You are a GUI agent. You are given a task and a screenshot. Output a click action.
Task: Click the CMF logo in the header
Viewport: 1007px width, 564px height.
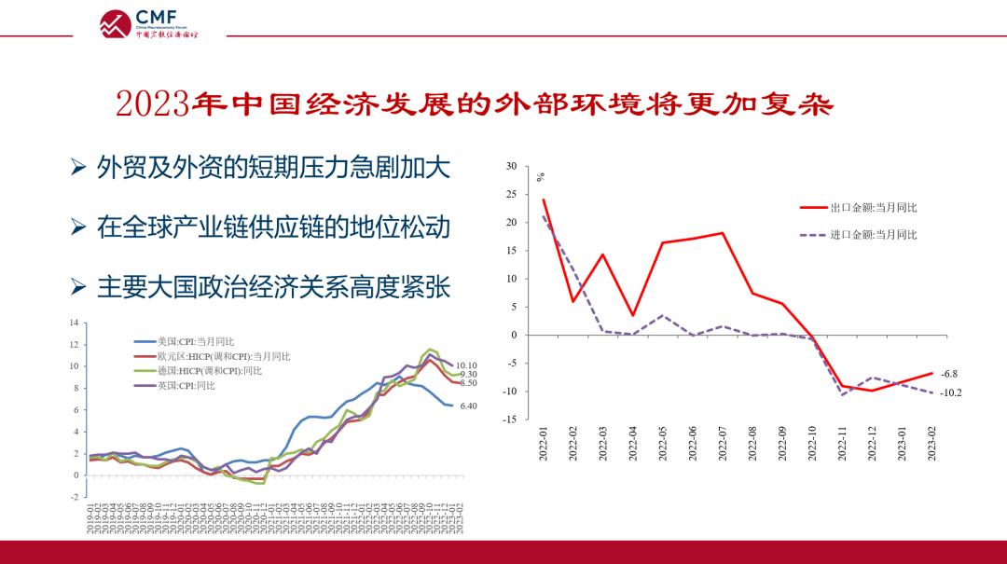[x=149, y=22]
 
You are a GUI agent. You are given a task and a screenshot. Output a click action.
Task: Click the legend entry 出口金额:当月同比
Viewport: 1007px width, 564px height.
[x=873, y=208]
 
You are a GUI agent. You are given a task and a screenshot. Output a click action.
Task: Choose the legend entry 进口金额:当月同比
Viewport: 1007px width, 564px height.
[x=873, y=235]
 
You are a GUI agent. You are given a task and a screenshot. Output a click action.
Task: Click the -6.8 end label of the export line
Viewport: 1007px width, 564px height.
[x=949, y=374]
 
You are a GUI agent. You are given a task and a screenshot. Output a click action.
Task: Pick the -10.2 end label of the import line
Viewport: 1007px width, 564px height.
[x=951, y=393]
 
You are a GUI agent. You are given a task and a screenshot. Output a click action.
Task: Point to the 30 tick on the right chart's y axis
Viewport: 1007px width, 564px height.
[x=510, y=166]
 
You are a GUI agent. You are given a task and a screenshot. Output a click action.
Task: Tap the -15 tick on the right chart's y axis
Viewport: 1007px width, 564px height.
[x=509, y=420]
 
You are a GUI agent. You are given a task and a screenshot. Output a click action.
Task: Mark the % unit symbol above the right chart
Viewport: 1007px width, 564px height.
[x=541, y=177]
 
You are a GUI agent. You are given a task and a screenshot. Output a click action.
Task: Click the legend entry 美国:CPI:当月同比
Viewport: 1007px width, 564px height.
[x=196, y=342]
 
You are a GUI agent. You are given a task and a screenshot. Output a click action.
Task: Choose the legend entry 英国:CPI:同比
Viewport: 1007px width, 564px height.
[x=186, y=385]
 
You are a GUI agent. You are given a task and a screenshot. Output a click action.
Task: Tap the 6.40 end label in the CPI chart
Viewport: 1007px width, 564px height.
[x=468, y=406]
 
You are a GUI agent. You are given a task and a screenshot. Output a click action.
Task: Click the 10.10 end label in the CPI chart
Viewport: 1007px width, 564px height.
[x=466, y=366]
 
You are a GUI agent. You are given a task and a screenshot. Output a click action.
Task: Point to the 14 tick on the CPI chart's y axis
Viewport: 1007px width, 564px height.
[x=75, y=323]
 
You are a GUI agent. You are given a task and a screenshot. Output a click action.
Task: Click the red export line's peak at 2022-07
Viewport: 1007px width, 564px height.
[x=724, y=233]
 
